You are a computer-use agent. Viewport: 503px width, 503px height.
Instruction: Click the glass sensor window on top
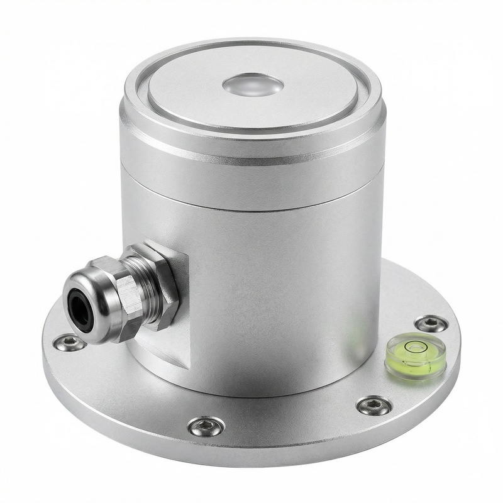click(253, 85)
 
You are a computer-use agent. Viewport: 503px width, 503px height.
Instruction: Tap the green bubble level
click(415, 356)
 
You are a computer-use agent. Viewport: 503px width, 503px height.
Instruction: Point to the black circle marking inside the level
click(414, 346)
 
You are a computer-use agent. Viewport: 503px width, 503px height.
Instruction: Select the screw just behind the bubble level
click(432, 324)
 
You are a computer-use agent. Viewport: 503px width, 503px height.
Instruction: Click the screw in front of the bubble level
click(374, 405)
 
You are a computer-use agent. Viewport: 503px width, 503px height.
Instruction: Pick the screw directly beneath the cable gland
click(69, 343)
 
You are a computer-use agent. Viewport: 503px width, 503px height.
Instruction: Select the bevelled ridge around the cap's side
click(251, 157)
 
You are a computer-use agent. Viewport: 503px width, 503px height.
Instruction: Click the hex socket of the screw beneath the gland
click(69, 343)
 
